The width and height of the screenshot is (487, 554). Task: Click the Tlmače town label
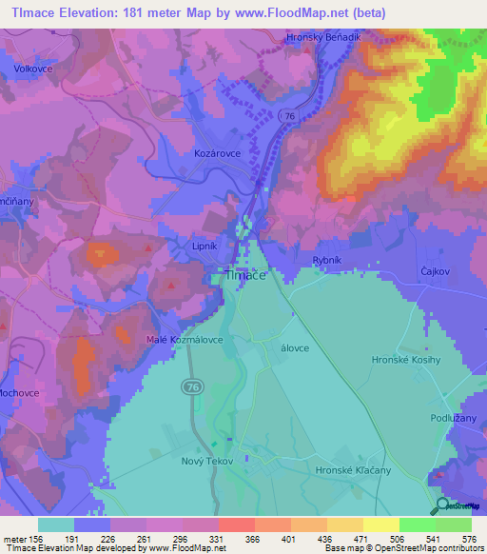click(244, 275)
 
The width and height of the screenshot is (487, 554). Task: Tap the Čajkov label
click(433, 271)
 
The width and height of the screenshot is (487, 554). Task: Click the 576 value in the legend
click(469, 539)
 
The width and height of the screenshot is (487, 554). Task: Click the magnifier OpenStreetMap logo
click(443, 505)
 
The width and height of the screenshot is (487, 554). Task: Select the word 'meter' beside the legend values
click(15, 539)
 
